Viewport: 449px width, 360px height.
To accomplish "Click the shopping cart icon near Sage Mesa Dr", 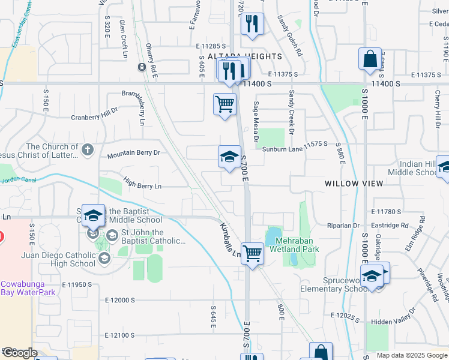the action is point(225,104).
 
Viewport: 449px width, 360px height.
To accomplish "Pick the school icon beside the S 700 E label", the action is point(229,157).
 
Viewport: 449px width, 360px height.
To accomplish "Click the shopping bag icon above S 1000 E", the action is point(370,59).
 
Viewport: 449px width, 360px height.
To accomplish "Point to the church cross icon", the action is point(88,149).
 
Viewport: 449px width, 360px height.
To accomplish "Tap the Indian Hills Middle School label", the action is point(418,168).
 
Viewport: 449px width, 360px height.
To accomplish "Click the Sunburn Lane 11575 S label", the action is point(295,144).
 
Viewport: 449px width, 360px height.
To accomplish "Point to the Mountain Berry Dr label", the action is point(133,154).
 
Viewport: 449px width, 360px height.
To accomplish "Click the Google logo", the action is point(20,353).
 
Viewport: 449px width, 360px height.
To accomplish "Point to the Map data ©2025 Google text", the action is point(411,355).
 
